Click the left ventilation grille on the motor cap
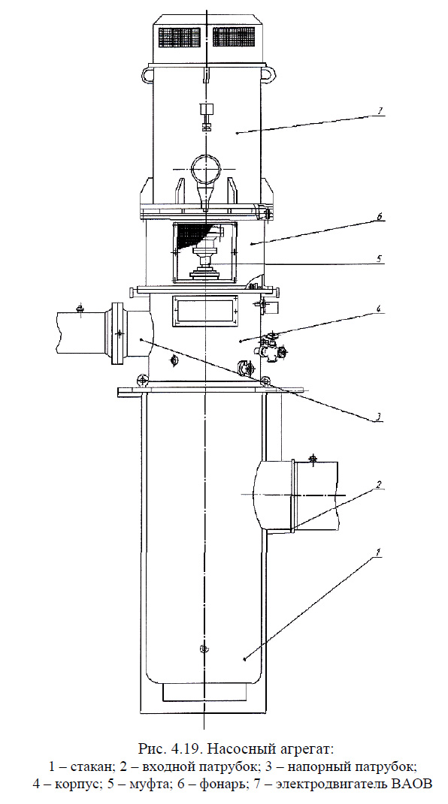point(179,37)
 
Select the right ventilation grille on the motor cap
point(234,37)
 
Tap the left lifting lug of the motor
point(148,74)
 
